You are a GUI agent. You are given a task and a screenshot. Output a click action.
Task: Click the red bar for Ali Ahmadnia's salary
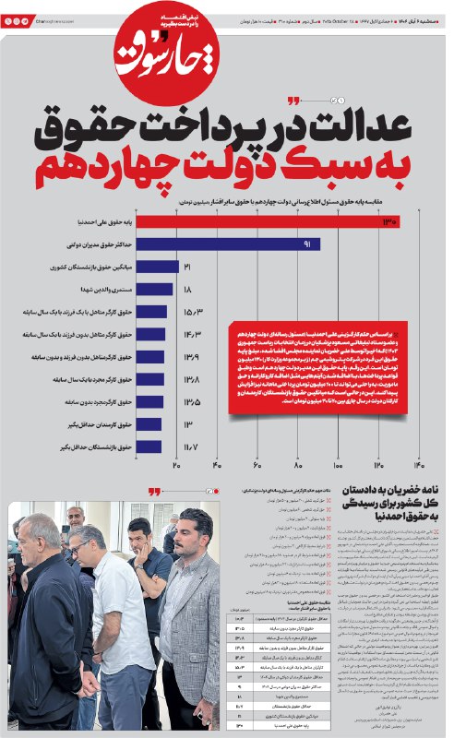[x=277, y=222]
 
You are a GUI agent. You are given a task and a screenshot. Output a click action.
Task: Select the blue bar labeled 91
[x=240, y=244]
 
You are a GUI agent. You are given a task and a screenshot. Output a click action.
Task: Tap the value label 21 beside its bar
[x=187, y=267]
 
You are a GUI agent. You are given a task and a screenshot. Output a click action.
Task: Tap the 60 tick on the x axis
[x=257, y=466]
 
